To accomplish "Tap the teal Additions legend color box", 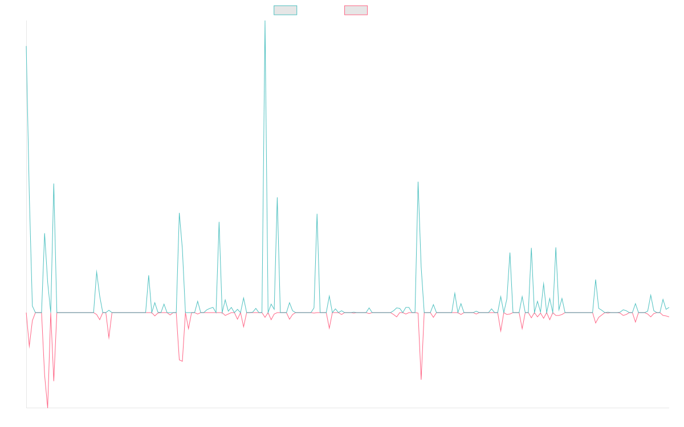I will [286, 10].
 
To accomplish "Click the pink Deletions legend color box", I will [356, 10].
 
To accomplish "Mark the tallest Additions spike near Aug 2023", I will [264, 22].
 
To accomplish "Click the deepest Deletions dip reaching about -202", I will [47, 407].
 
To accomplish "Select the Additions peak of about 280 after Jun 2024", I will [418, 182].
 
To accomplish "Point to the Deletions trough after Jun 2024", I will [421, 379].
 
